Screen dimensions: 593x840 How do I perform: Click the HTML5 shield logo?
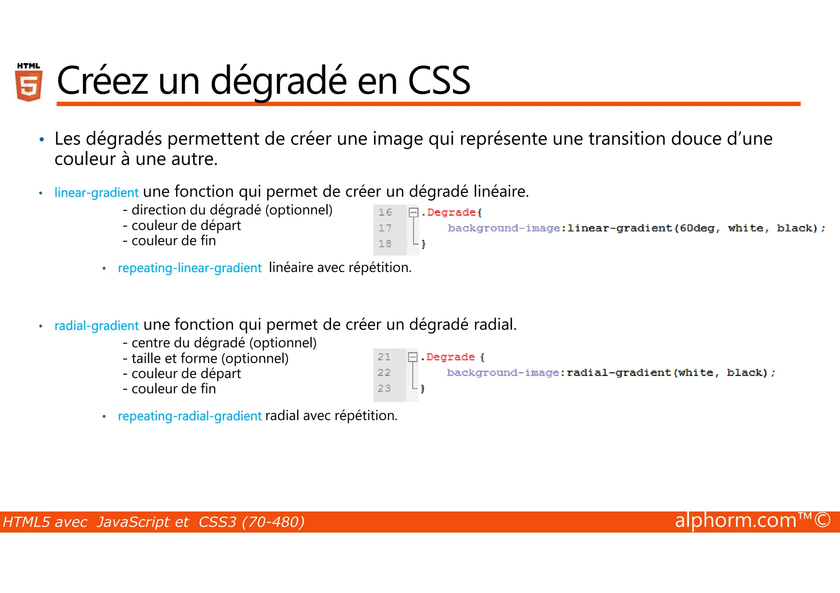point(29,82)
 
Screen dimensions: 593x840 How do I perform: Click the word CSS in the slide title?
point(439,81)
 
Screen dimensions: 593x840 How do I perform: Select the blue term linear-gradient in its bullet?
point(96,193)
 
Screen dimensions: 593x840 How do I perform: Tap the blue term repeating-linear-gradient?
point(189,268)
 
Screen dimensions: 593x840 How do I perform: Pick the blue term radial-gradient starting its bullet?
point(96,326)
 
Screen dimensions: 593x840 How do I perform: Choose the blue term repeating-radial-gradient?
point(189,416)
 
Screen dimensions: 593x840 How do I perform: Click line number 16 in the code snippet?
point(385,212)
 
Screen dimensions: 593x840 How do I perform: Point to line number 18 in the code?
point(385,244)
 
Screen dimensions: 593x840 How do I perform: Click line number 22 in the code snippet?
point(384,373)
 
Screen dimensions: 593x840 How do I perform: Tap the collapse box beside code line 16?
point(413,212)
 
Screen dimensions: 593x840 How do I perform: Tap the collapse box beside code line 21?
point(413,357)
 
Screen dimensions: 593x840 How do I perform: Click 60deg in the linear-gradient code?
point(697,228)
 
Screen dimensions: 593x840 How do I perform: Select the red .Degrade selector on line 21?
point(450,357)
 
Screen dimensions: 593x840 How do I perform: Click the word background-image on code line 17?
point(504,228)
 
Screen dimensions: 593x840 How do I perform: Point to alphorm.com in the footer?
point(735,520)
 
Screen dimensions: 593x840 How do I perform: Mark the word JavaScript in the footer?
point(142,522)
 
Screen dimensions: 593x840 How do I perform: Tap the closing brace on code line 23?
point(423,389)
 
